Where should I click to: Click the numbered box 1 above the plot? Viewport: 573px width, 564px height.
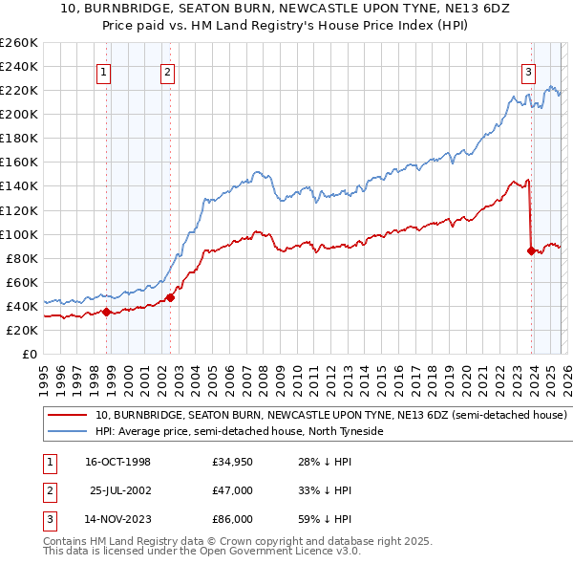102,71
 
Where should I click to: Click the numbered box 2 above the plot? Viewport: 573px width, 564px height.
167,71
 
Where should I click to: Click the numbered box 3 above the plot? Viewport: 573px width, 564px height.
528,71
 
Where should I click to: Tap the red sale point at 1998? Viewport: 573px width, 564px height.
107,312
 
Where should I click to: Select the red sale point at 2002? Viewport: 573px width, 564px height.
171,297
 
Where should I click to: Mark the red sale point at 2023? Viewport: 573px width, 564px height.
531,250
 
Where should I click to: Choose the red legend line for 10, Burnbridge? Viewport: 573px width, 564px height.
67,416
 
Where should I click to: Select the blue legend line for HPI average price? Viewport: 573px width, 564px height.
67,432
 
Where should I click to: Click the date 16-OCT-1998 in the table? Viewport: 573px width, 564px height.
117,463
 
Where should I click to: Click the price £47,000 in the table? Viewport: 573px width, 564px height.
232,490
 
